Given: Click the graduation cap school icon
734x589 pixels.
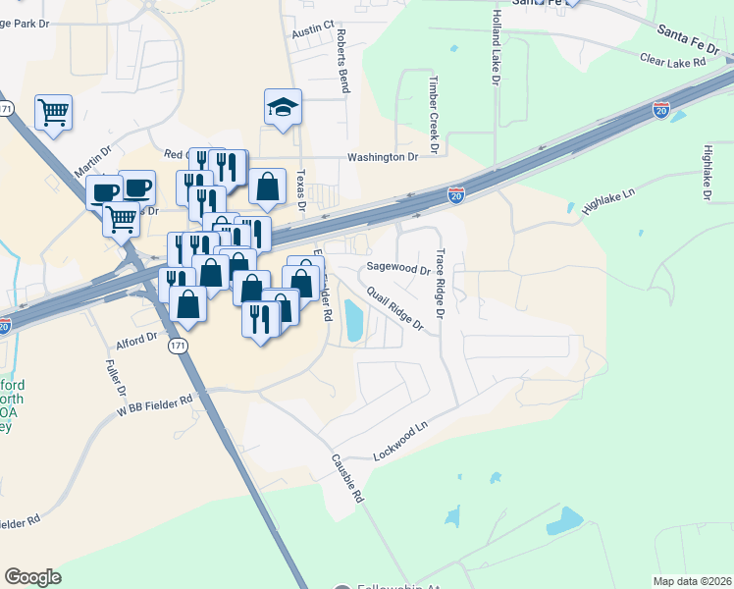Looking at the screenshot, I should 283,106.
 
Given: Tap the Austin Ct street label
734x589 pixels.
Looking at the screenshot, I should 314,33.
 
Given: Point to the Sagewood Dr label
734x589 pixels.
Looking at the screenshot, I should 398,268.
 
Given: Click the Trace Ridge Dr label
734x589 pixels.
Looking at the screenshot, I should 441,284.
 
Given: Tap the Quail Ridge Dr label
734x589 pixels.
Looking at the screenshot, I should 394,308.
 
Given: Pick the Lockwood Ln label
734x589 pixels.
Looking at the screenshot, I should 401,442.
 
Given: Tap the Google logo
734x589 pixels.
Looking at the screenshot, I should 32,577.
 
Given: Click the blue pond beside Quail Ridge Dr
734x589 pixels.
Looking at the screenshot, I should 353,318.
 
